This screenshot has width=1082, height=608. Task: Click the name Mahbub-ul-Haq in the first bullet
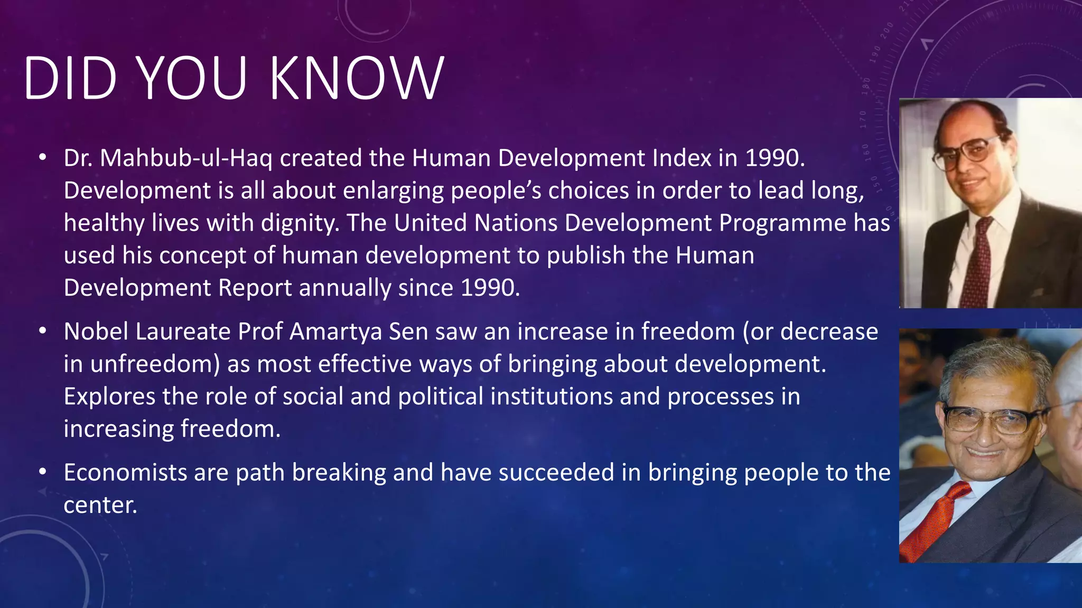point(186,158)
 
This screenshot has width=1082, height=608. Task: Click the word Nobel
point(96,332)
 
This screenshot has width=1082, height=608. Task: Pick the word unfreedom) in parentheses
point(154,365)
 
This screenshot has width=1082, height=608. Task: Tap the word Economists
point(125,472)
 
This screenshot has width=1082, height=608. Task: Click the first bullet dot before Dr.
point(43,157)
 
